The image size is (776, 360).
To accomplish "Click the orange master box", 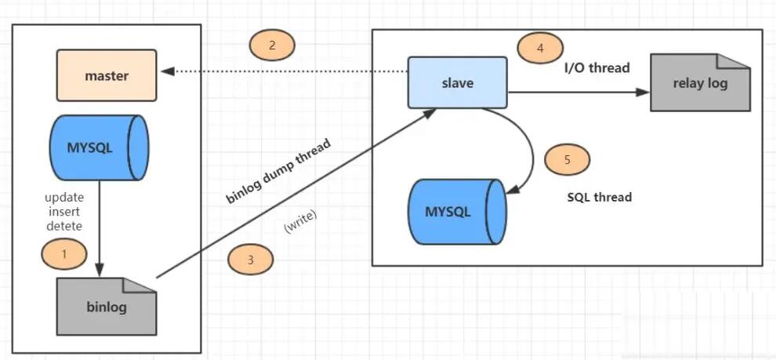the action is [107, 75].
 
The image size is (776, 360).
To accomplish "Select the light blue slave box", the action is [457, 82].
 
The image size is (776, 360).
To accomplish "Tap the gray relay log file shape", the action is [700, 82].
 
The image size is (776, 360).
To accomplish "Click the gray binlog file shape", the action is [107, 307].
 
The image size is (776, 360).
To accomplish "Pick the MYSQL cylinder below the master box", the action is [99, 147].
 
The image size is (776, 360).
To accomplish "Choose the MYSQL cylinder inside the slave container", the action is [457, 211].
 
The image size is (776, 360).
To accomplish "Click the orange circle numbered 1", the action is [63, 254].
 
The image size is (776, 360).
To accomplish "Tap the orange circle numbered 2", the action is [272, 45].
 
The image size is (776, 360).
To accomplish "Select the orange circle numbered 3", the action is [250, 260].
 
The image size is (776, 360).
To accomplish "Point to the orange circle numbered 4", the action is [540, 48].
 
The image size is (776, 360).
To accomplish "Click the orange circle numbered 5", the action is [567, 160].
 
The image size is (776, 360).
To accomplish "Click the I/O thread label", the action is [597, 67].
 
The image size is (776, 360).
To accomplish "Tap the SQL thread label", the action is [600, 197].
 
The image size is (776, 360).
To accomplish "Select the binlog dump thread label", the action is [278, 171].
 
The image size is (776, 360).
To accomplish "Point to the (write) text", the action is [300, 222].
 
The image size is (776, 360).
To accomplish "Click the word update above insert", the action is [64, 198].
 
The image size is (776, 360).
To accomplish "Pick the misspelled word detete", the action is [64, 227].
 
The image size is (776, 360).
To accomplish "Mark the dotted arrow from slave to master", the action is [285, 71].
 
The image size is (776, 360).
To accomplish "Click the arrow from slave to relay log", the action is [578, 92].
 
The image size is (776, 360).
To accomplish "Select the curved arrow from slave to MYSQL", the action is [531, 148].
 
